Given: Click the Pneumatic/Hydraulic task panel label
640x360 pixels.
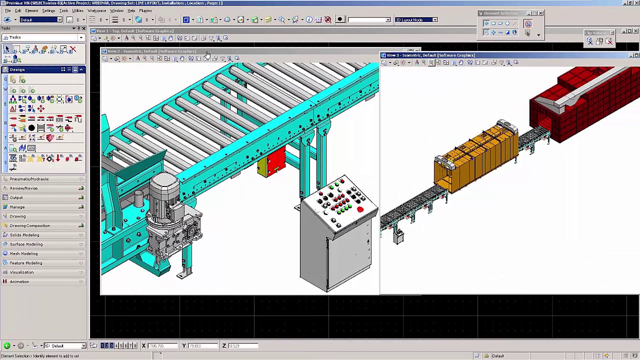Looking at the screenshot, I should [29, 179].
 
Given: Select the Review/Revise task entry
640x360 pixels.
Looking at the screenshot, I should [23, 188].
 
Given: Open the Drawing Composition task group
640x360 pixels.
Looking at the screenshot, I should [29, 225].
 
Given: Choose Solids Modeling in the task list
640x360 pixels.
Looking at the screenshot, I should [24, 235].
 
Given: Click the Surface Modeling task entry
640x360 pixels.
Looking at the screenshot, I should [26, 244].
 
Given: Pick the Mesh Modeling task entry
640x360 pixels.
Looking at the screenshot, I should [23, 253].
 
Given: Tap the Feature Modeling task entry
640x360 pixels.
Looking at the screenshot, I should [25, 263].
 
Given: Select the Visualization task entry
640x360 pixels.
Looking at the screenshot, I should [21, 272].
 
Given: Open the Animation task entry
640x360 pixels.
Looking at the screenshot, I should [19, 281].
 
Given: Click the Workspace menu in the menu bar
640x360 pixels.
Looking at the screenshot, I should [96, 10].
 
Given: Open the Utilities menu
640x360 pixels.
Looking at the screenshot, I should [77, 10].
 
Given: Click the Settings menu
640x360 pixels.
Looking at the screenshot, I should [48, 10].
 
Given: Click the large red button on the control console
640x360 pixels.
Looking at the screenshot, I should [360, 209].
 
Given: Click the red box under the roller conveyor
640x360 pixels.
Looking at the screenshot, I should [275, 160].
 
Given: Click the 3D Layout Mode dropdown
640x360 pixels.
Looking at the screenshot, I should [416, 20].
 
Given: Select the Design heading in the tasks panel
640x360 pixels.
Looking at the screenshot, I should [17, 69].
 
